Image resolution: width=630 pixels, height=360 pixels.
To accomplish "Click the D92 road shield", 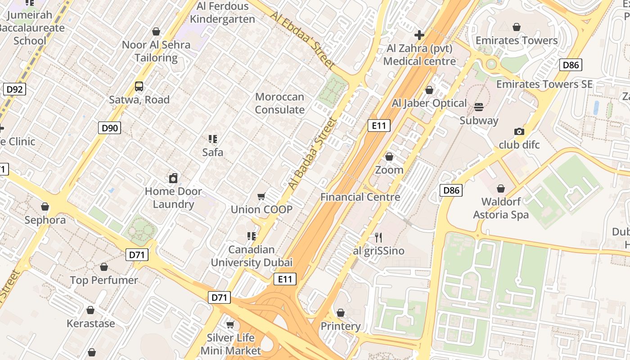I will [x=14, y=89].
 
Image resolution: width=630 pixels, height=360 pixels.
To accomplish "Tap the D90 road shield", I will [x=109, y=128].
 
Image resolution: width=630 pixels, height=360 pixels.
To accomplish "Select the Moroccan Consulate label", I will [x=279, y=103].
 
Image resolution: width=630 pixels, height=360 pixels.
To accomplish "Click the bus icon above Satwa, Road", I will [x=139, y=86].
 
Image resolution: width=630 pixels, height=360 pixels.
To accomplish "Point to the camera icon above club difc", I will [x=519, y=132].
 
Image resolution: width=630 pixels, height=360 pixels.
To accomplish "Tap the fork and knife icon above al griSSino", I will [x=378, y=237].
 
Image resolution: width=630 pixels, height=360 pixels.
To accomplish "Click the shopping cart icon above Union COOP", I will [x=261, y=196].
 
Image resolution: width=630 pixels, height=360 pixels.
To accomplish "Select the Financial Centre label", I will [x=360, y=197].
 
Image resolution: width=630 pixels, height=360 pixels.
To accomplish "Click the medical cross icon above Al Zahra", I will [x=419, y=35].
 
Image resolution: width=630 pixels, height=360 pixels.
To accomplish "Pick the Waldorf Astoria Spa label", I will [x=501, y=208].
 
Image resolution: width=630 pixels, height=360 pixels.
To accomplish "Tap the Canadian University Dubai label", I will [x=252, y=256].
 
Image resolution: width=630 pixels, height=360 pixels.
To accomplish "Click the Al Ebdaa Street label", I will [x=303, y=40].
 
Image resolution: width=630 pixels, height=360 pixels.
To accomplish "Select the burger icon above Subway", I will [x=479, y=107].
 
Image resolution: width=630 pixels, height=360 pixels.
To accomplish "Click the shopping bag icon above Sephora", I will [x=45, y=207].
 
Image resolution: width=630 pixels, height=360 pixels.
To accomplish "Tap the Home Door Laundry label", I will [x=173, y=198].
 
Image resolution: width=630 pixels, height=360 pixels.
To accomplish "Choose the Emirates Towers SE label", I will [x=544, y=84].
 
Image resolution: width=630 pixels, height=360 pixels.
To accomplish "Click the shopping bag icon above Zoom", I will [x=389, y=157].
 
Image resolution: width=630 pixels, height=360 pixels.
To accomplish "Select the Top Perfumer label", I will [x=104, y=280].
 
